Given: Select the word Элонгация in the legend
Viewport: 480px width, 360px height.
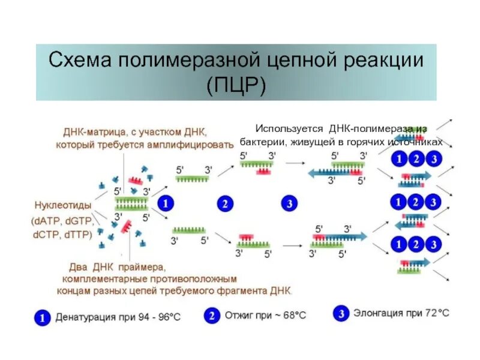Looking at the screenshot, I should click(x=379, y=313).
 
